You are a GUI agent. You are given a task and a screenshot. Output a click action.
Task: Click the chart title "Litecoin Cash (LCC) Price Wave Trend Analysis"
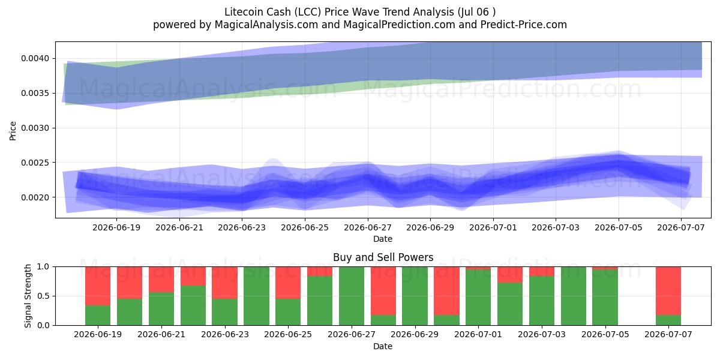pos(339,12)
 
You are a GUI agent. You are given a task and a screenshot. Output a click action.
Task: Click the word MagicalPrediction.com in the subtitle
pos(399,25)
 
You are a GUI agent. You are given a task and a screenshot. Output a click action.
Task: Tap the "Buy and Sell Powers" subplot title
pos(383,257)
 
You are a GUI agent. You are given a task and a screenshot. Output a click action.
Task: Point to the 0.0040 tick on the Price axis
pos(35,59)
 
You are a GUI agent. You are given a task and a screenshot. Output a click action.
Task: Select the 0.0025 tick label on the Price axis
pos(35,163)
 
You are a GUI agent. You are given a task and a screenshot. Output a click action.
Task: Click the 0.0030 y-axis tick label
pos(35,128)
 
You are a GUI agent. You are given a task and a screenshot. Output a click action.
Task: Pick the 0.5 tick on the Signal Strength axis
pos(43,296)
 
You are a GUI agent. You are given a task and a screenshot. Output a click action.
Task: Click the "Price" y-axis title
pos(13,131)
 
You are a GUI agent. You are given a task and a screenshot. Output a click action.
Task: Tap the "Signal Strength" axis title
pos(28,296)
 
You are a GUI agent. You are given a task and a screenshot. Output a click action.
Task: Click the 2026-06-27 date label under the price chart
pos(368,227)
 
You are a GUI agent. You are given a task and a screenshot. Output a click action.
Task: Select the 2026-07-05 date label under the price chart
pos(619,227)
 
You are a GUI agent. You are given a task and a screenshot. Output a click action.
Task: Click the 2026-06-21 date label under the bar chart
pos(161,334)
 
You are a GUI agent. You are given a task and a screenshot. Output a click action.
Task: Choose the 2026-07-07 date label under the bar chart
pos(668,334)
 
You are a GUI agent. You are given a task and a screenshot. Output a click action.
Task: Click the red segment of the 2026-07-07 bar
pos(668,291)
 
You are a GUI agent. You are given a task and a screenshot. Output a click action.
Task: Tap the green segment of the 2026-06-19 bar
pos(98,316)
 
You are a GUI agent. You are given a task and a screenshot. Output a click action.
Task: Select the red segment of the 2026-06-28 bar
pos(383,291)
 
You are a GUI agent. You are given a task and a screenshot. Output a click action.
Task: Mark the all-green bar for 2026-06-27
pos(352,296)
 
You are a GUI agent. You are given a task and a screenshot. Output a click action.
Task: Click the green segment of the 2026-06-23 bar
pos(224,312)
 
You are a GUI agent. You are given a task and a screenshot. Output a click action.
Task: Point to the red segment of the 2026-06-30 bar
pos(447,291)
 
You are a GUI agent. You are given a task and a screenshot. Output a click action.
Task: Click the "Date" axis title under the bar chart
pos(383,346)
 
